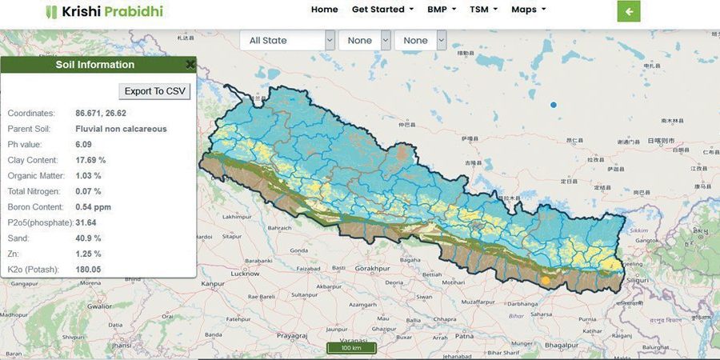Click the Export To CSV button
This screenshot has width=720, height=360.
(154, 91)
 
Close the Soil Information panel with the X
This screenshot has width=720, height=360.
(190, 65)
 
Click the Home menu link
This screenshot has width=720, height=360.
(324, 10)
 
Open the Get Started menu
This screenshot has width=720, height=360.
(382, 10)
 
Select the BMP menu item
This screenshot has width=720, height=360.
(442, 10)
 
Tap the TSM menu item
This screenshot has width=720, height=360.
(483, 10)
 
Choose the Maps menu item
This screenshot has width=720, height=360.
(528, 10)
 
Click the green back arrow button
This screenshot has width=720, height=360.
(629, 11)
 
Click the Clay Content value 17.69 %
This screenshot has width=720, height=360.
(90, 160)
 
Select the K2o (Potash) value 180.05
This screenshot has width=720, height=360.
(88, 270)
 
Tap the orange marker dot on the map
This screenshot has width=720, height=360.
(546, 281)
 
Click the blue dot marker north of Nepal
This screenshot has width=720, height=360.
(553, 105)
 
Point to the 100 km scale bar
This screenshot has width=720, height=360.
(351, 348)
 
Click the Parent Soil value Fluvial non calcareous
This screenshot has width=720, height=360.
(121, 128)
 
